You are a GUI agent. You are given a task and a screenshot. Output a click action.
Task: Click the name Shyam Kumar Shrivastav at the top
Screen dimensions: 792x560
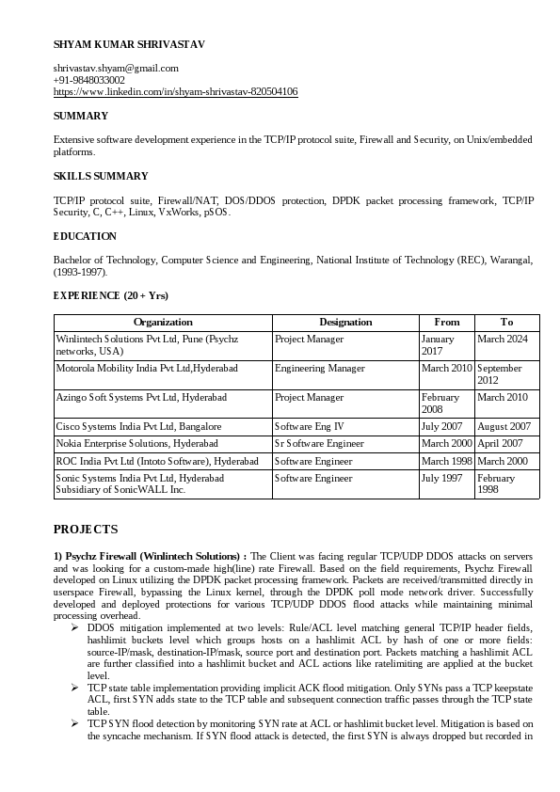click(129, 44)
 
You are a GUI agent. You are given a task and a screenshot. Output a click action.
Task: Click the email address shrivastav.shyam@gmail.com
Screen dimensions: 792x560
click(116, 68)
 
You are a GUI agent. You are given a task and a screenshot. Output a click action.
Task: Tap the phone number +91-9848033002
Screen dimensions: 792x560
click(89, 80)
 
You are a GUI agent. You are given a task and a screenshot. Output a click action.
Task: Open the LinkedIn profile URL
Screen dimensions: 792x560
click(176, 92)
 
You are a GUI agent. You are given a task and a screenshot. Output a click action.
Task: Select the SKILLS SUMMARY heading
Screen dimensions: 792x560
click(101, 176)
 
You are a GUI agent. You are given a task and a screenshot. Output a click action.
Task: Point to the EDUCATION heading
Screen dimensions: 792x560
click(85, 236)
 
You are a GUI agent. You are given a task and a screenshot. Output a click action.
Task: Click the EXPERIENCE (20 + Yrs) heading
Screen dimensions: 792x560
click(111, 295)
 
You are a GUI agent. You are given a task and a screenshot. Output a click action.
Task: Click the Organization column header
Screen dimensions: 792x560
click(163, 322)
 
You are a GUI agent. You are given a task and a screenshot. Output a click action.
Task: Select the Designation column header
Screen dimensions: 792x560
click(345, 322)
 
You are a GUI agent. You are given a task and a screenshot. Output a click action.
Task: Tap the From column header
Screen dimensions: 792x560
click(446, 322)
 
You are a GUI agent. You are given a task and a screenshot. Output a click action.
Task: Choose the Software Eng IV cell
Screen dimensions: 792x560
click(310, 426)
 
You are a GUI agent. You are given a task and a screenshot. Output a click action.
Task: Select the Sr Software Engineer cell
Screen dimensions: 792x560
click(319, 443)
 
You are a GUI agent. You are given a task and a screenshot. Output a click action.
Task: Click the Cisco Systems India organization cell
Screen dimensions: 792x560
click(139, 426)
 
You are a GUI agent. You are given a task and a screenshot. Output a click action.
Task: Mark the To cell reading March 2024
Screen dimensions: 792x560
click(503, 339)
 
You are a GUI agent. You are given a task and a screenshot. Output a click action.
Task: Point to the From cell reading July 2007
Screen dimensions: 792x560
click(442, 426)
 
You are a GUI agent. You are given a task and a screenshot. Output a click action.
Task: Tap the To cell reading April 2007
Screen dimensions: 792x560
click(501, 443)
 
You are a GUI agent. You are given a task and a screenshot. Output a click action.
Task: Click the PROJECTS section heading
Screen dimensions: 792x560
click(86, 530)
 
